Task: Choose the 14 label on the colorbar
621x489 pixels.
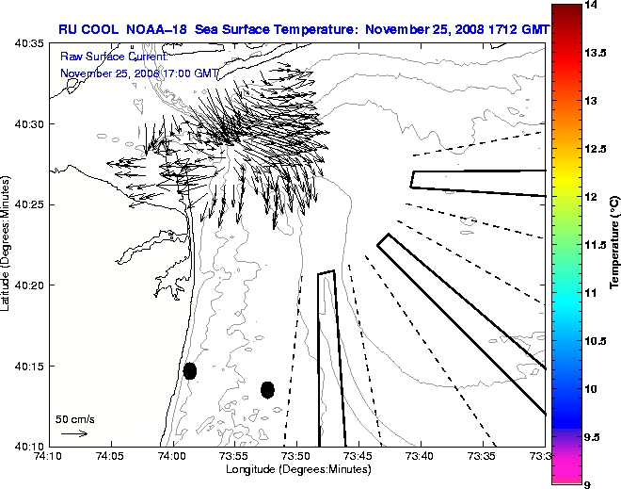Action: [592, 5]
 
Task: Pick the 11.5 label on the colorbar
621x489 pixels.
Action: [596, 245]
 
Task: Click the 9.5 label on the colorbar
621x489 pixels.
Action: [595, 437]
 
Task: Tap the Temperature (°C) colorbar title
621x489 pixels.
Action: [613, 244]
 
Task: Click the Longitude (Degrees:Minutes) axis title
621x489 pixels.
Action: [295, 468]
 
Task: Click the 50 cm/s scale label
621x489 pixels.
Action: [74, 418]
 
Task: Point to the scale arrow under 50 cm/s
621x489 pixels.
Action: [73, 433]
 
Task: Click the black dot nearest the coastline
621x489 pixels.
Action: [190, 370]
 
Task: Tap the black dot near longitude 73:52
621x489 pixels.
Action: [267, 389]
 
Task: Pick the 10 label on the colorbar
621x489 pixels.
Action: [591, 389]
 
